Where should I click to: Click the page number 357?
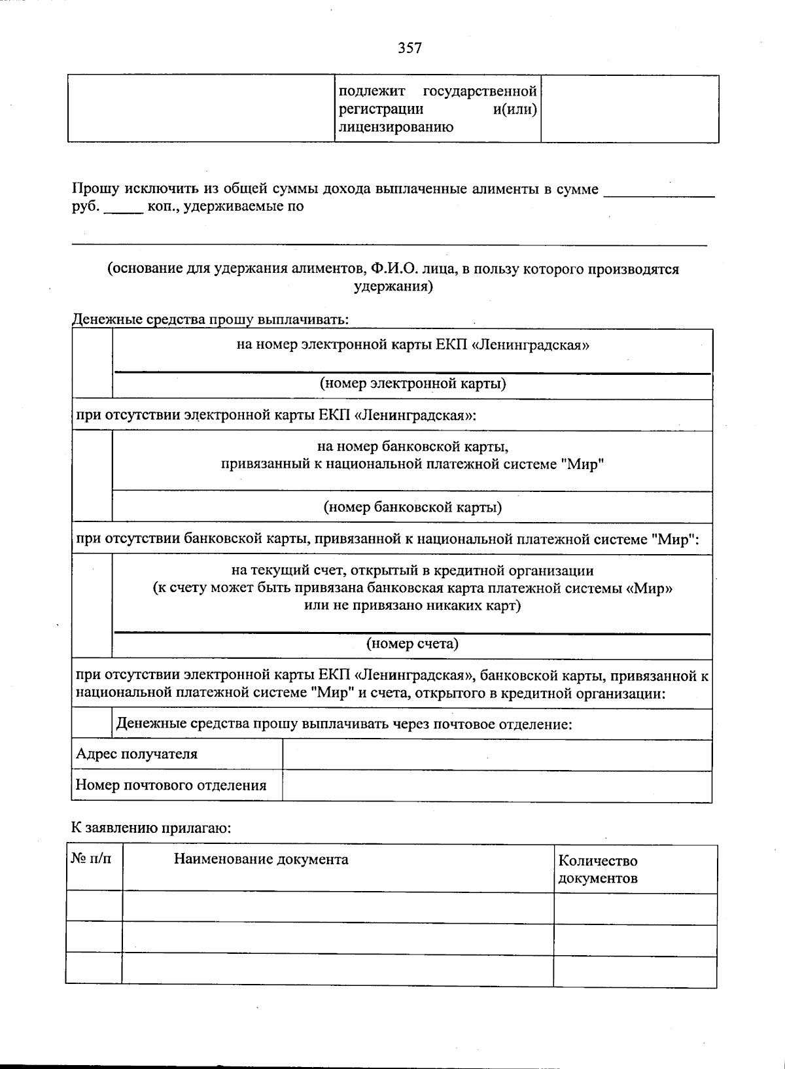tap(410, 48)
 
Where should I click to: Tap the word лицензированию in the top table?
tap(395, 127)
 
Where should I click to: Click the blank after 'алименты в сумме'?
tap(659, 190)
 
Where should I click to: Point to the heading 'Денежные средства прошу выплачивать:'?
tap(210, 320)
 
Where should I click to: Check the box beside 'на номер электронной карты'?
tap(92, 364)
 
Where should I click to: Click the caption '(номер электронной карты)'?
tap(412, 383)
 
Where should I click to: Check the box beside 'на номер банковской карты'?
tap(92, 476)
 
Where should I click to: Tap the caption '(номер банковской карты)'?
tap(412, 507)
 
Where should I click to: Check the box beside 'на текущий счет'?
tap(92, 606)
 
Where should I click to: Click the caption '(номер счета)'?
tap(412, 644)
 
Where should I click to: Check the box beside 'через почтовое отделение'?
tap(92, 724)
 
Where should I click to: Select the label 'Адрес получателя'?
tap(137, 754)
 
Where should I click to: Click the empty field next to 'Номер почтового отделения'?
tap(497, 786)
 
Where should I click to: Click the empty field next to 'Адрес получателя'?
tap(497, 755)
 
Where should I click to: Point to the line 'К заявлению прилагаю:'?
tap(151, 828)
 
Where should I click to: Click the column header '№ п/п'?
tap(91, 858)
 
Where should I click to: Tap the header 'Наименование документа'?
tap(261, 859)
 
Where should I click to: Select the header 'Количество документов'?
tap(597, 869)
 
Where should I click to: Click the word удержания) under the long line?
tap(393, 287)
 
